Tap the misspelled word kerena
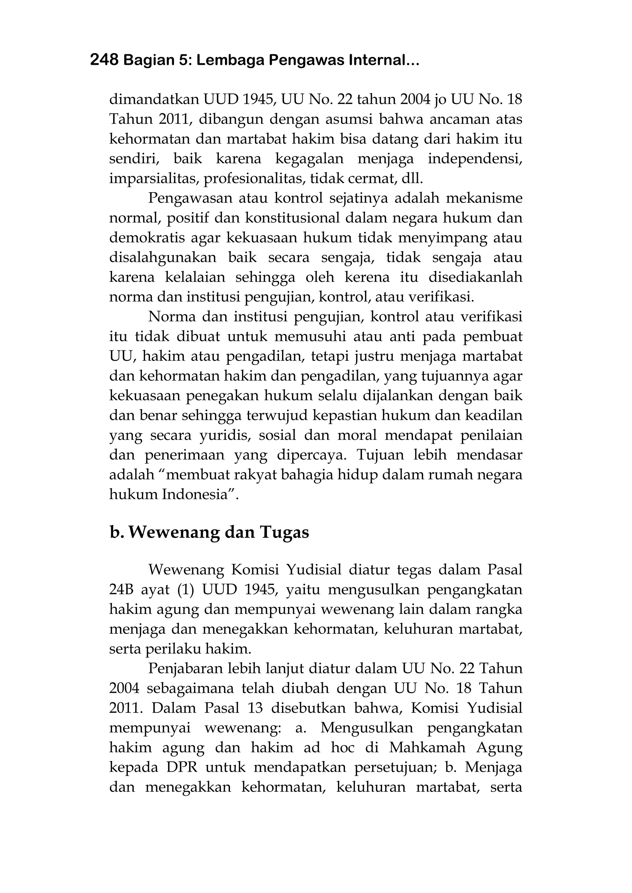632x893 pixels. pos(367,278)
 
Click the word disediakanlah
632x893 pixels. pos(475,278)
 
